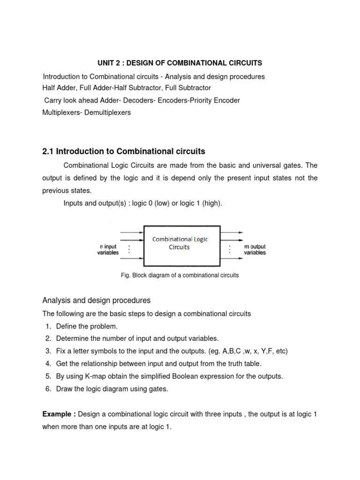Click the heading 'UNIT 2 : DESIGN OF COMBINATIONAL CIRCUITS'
[180, 63]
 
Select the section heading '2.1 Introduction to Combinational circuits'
[124, 151]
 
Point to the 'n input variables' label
[108, 249]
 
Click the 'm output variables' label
[255, 249]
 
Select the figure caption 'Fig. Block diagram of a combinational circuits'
[180, 275]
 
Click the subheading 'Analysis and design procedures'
[96, 300]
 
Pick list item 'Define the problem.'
[87, 326]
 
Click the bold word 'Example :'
[59, 414]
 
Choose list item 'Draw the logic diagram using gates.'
[112, 389]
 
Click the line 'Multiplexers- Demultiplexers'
[87, 112]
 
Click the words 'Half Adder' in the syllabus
[58, 88]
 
